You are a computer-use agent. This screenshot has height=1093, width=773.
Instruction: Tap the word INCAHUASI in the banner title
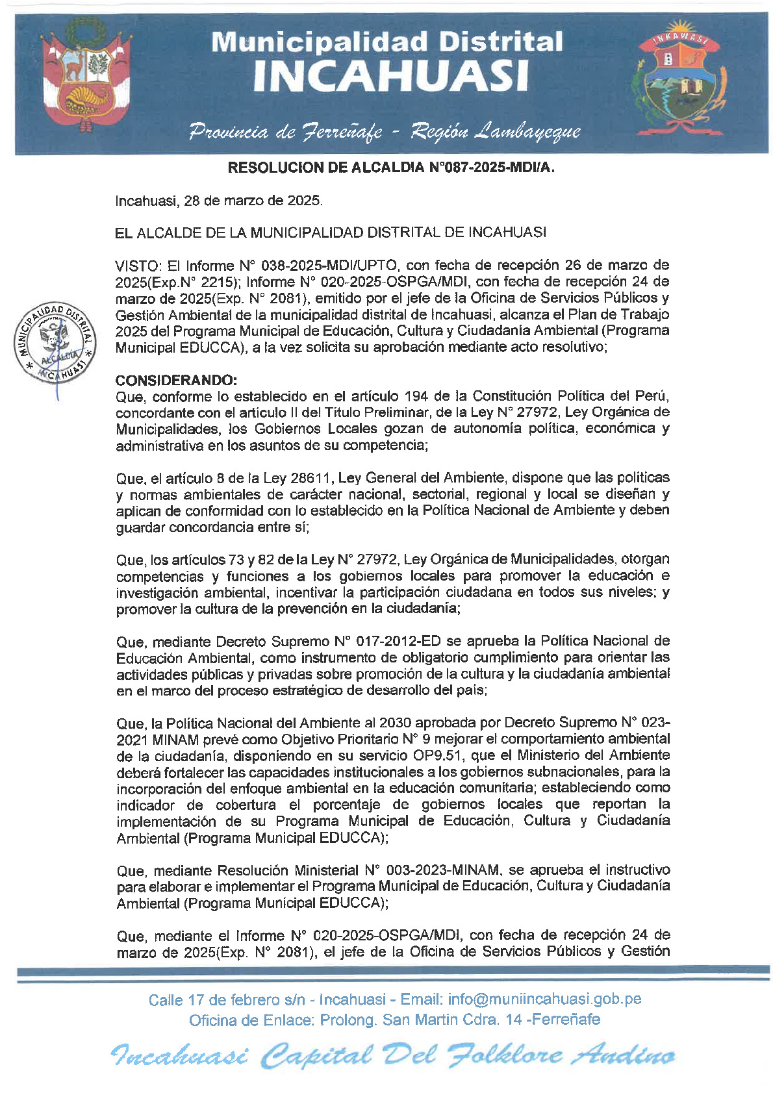pyautogui.click(x=390, y=75)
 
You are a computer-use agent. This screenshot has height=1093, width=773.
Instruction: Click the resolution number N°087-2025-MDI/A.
pyautogui.click(x=492, y=168)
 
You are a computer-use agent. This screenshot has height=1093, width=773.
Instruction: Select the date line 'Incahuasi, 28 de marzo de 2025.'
pyautogui.click(x=219, y=201)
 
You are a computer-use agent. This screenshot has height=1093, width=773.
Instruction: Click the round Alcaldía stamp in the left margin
pyautogui.click(x=55, y=342)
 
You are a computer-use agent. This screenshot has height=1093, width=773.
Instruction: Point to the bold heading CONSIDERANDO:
pyautogui.click(x=176, y=380)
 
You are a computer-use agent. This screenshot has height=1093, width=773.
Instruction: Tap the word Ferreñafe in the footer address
pyautogui.click(x=566, y=1020)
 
